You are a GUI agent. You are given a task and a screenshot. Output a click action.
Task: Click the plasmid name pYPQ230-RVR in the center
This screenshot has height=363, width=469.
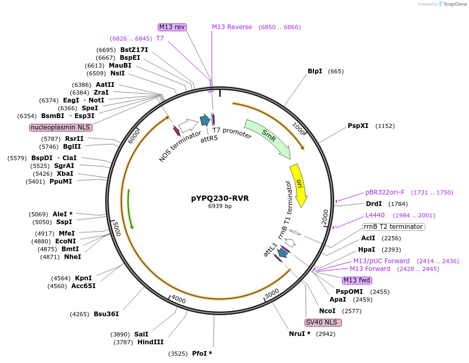point(219,198)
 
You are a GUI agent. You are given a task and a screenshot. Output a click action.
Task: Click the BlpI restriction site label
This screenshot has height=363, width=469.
point(315,71)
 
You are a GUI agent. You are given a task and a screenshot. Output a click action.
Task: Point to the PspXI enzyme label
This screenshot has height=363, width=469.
point(358,126)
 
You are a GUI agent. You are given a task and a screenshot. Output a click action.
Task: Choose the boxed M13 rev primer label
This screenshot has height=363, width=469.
point(172,27)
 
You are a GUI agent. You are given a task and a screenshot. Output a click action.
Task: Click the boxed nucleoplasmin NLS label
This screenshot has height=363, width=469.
point(61,127)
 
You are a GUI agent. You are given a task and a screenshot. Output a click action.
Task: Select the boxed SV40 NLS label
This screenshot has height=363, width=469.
point(323,322)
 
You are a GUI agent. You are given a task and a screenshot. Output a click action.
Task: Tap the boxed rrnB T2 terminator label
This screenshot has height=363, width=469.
point(394,227)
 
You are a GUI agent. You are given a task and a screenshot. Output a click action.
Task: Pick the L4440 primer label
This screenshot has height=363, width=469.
point(374,215)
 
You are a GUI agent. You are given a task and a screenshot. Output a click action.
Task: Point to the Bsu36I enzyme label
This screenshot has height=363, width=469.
point(106,314)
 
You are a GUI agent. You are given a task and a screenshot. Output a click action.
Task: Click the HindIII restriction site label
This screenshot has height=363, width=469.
point(150,342)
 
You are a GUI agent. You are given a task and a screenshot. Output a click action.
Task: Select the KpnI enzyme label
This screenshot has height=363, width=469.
point(83,278)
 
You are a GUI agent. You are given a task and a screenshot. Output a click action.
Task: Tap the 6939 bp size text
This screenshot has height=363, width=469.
point(220,206)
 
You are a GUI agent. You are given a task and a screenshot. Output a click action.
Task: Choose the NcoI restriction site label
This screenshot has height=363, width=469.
point(327,311)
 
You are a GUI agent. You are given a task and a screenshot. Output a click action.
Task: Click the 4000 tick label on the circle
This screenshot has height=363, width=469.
point(179,300)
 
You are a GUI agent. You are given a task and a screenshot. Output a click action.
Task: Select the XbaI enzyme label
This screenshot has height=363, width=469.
point(65,174)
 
